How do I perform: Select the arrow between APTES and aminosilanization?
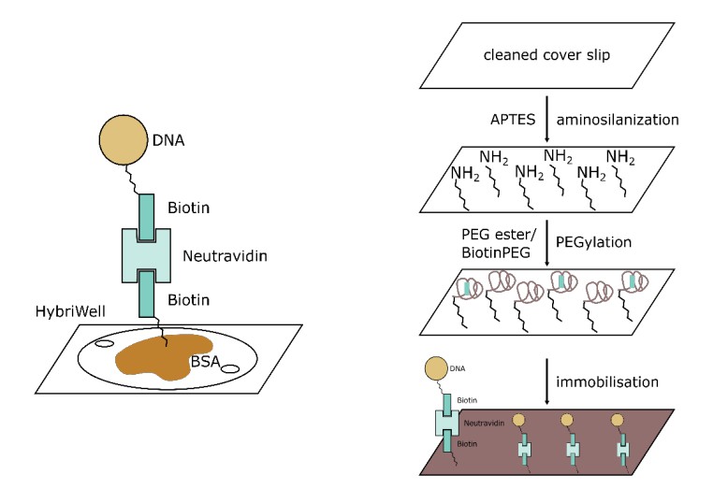coord(546,120)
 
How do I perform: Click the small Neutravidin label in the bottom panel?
coord(485,423)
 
